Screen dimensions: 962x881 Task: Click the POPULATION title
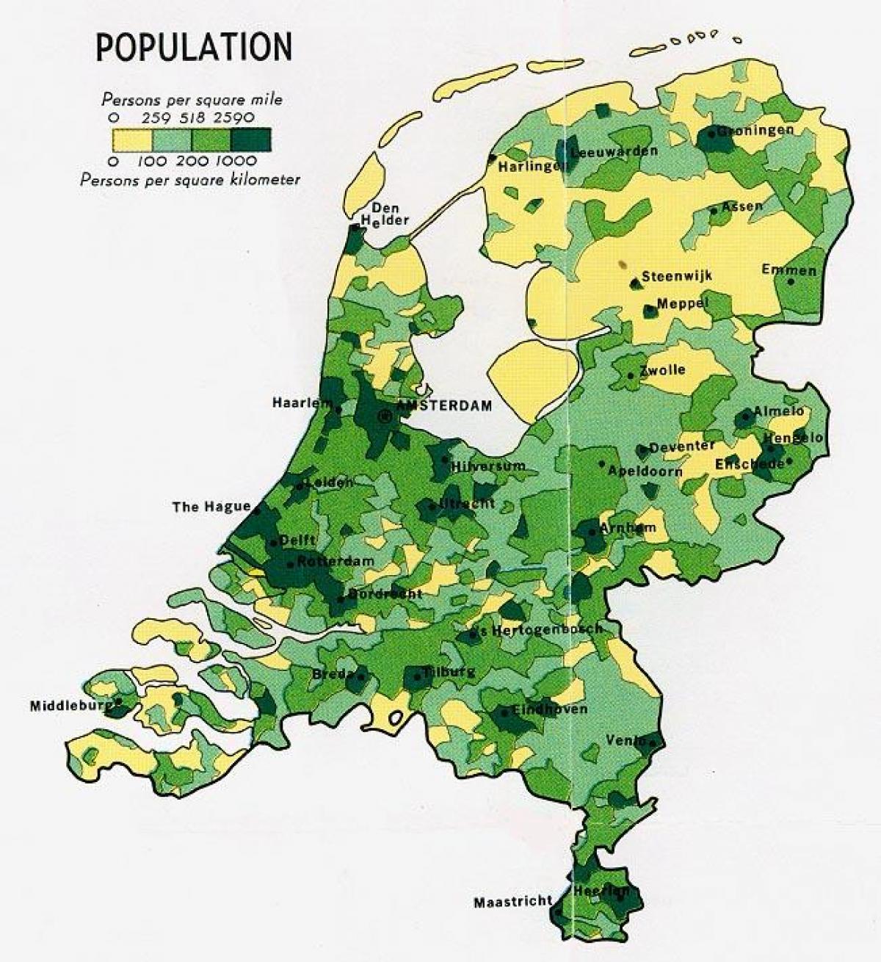(195, 47)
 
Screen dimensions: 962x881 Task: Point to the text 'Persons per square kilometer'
(190, 179)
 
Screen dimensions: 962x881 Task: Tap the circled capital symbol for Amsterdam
(384, 416)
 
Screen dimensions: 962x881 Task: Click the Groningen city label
(755, 131)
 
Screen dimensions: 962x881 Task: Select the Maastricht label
(512, 902)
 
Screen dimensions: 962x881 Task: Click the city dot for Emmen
(791, 281)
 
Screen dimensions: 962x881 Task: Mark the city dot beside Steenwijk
(634, 282)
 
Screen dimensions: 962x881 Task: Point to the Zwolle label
(662, 369)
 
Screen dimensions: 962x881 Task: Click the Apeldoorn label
(645, 471)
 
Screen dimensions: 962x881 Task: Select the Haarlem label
(300, 402)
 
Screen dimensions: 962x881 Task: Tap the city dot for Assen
(714, 211)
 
